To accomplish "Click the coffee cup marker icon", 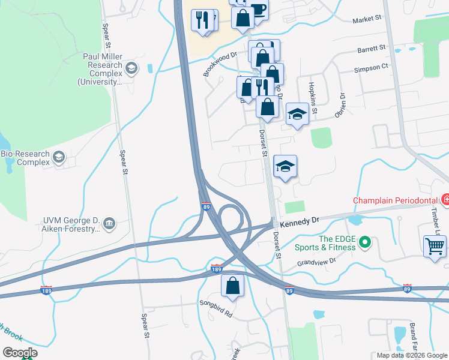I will pyautogui.click(x=258, y=9).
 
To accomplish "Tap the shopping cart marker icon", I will pyautogui.click(x=435, y=245).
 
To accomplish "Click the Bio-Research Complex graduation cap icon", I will pyautogui.click(x=59, y=158).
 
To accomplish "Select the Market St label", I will pyautogui.click(x=367, y=19).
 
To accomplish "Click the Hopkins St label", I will pyautogui.click(x=313, y=98).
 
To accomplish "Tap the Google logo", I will pyautogui.click(x=20, y=353).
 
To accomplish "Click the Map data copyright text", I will pyautogui.click(x=411, y=355).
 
